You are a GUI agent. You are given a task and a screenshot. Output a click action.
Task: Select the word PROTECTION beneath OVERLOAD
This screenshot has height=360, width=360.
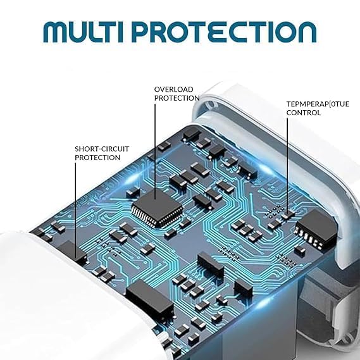(177, 98)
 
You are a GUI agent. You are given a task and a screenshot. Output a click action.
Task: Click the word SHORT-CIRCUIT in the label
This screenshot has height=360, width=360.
(102, 149)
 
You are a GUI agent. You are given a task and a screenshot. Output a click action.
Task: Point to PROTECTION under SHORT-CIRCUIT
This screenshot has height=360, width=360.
(97, 158)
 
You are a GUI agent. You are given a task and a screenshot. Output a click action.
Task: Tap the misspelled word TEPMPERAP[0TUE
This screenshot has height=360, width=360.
(318, 104)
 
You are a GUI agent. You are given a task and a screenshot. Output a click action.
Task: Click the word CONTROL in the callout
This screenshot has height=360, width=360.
(304, 113)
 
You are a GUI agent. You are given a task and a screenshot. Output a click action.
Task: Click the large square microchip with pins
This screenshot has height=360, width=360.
(158, 208)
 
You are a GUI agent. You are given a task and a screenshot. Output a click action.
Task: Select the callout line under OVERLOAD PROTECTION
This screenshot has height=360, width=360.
(155, 152)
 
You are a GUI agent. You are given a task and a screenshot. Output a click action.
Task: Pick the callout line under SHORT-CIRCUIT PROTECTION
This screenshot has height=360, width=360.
(75, 210)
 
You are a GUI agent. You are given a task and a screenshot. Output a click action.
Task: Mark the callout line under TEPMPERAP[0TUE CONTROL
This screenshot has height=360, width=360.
(287, 166)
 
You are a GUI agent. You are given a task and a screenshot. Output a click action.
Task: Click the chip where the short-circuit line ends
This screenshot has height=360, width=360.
(73, 252)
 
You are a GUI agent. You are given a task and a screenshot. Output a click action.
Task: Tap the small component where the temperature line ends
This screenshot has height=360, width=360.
(288, 214)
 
